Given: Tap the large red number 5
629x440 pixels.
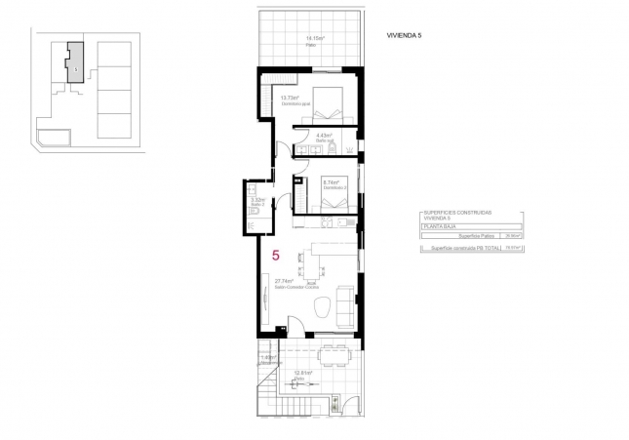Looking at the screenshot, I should tap(276, 256).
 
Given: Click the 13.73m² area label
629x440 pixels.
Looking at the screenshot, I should tap(289, 99).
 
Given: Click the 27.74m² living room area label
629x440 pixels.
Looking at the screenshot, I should tap(284, 281).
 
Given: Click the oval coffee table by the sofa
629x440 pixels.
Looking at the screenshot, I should tap(323, 311).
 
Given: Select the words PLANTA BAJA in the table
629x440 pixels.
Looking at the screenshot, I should tap(442, 225).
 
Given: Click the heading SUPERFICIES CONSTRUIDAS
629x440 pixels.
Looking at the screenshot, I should tap(458, 212).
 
